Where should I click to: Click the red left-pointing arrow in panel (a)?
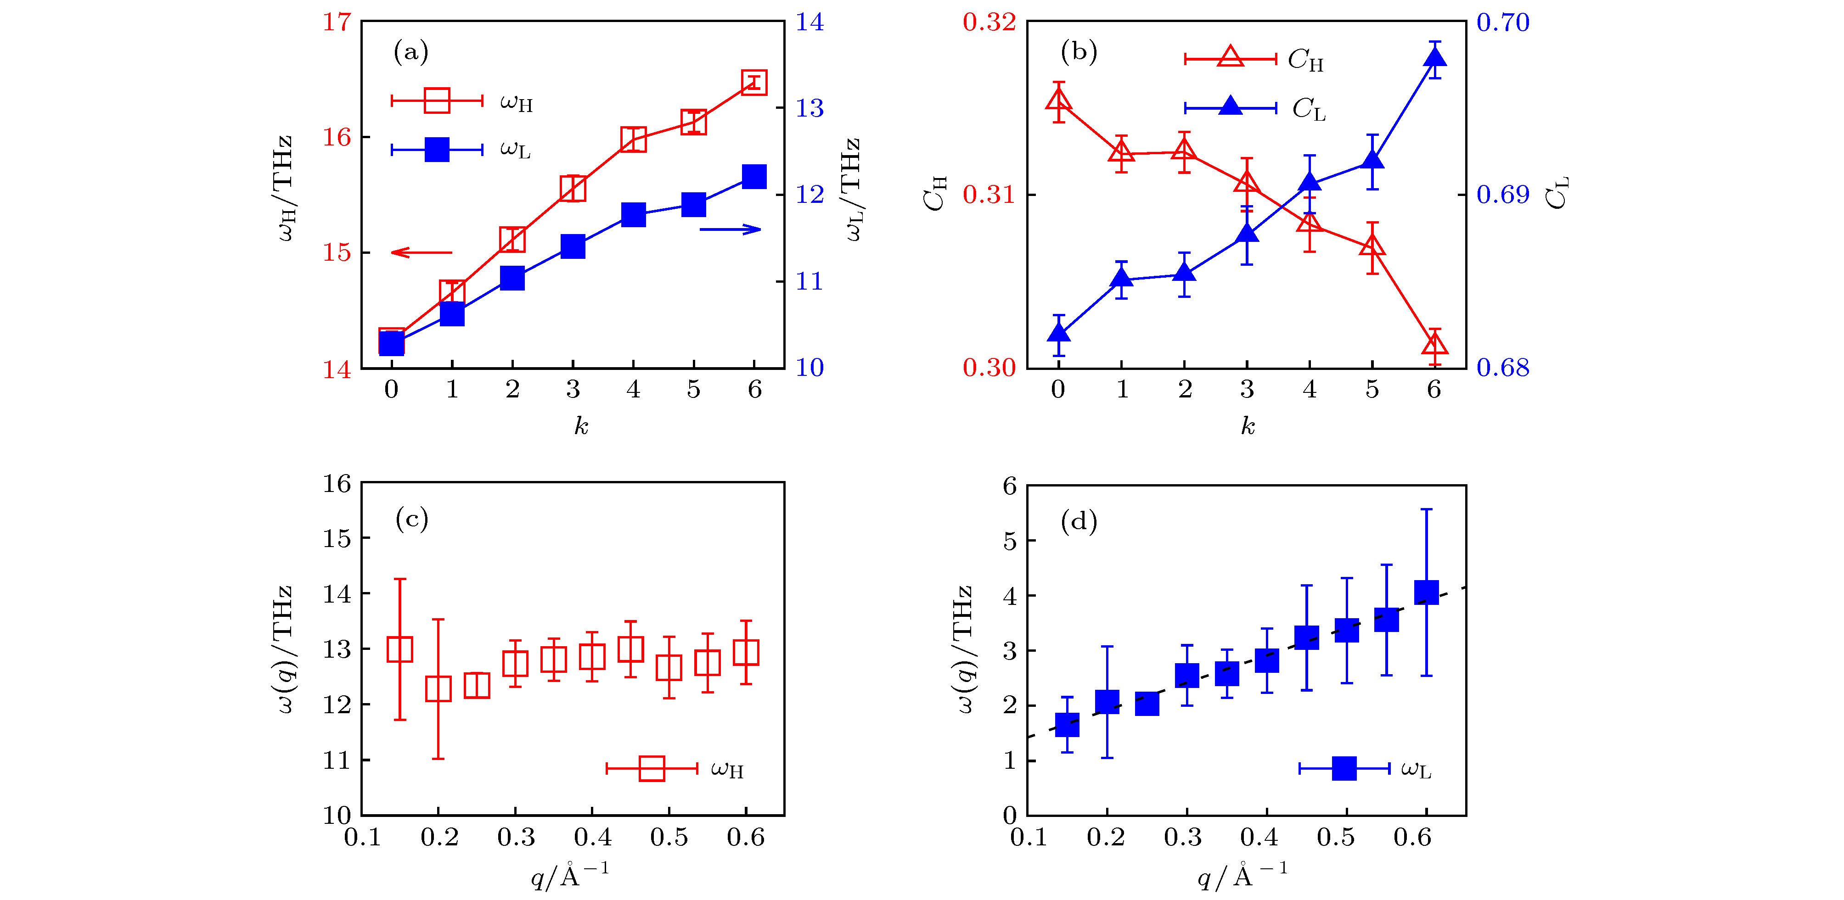pyautogui.click(x=422, y=252)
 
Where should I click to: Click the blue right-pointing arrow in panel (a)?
pyautogui.click(x=730, y=229)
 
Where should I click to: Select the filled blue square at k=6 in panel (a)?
pyautogui.click(x=754, y=176)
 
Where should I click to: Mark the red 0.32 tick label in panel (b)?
pyautogui.click(x=989, y=22)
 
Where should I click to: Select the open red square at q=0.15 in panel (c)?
pyautogui.click(x=400, y=649)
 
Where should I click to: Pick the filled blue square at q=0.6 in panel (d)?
pyautogui.click(x=1427, y=593)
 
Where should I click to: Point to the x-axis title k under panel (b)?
pyautogui.click(x=1248, y=426)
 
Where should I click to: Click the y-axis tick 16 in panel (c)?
pyautogui.click(x=337, y=484)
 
